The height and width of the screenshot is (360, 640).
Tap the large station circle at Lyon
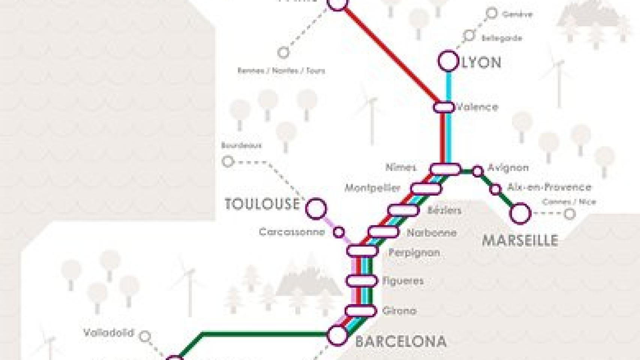448,61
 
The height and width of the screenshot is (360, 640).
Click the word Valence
477,107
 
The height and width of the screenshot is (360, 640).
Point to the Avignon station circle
477,171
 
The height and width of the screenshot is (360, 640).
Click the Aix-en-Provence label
549,187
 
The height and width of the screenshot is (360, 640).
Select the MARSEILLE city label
520,241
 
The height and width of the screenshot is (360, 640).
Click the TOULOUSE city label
262,204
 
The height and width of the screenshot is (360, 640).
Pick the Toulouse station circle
316,208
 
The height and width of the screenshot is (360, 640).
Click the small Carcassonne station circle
339,232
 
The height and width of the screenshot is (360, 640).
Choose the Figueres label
403,281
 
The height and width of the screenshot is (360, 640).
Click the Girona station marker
361,310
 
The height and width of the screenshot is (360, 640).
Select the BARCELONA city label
401,342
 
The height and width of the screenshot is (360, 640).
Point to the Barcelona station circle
337,335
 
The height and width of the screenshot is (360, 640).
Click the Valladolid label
109,333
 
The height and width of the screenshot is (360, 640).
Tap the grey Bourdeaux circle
228,162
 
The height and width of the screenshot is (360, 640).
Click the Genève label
517,15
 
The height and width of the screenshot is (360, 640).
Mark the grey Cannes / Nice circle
570,214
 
